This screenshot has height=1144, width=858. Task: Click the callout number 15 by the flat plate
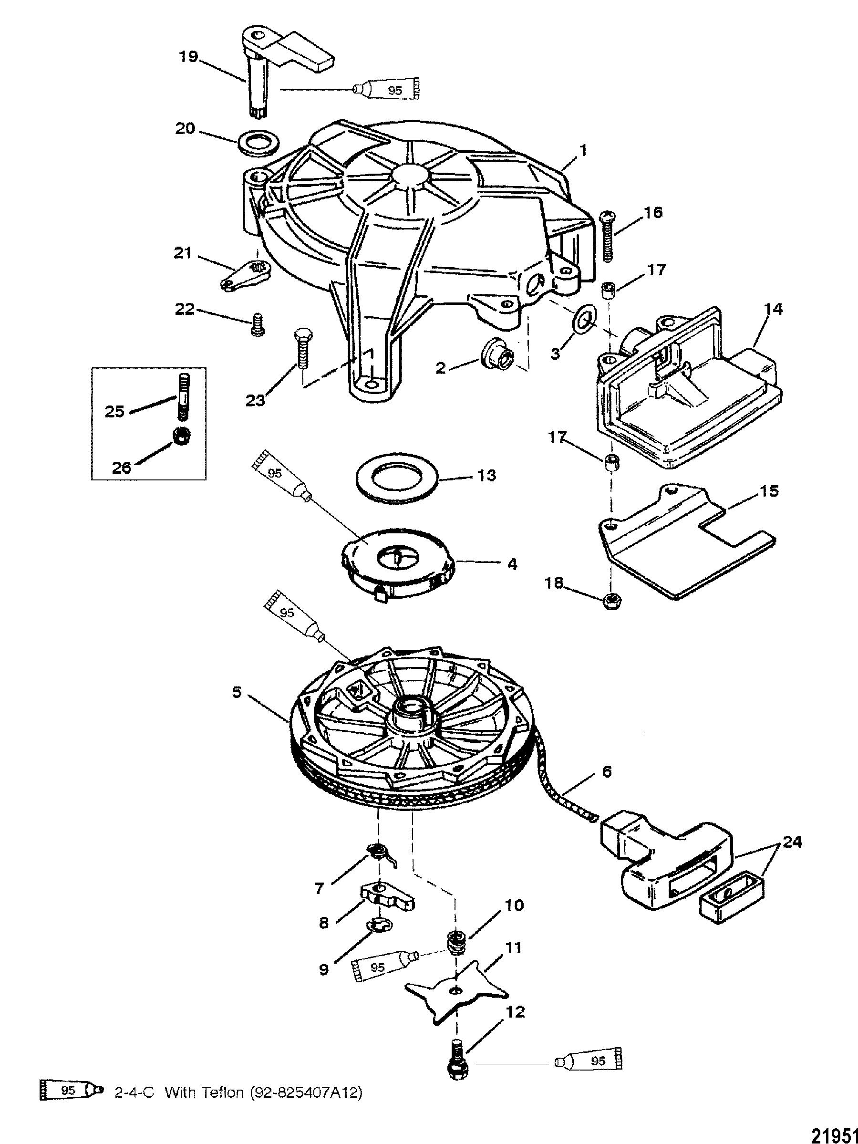tap(768, 491)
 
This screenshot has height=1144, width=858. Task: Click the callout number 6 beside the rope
tap(607, 786)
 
